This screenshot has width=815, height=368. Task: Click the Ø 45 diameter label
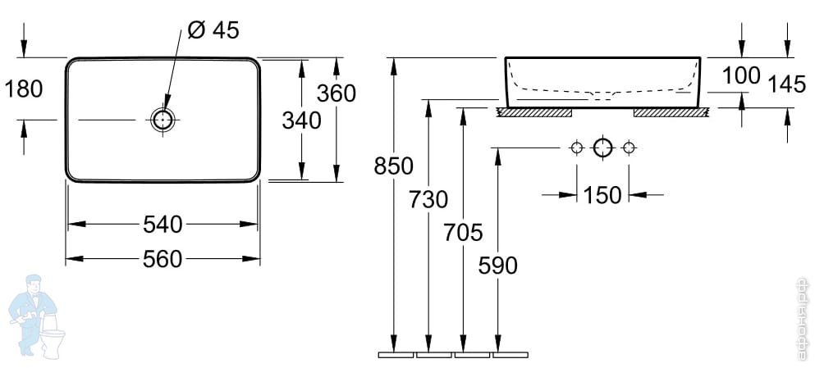click(x=213, y=30)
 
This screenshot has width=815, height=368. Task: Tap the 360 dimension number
click(x=337, y=93)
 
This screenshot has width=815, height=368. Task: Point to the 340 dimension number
click(x=301, y=120)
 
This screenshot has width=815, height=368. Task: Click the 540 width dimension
click(x=163, y=224)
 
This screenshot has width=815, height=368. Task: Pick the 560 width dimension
click(x=163, y=259)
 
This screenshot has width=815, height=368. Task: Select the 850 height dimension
click(x=393, y=166)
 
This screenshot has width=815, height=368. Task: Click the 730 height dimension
click(x=428, y=199)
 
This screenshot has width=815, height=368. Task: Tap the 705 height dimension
click(x=463, y=233)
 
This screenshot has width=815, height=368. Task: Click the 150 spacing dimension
click(x=602, y=195)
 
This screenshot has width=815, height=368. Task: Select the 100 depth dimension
click(x=741, y=76)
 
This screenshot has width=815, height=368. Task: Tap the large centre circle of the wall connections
click(x=603, y=148)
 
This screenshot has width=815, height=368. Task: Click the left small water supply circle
click(x=577, y=148)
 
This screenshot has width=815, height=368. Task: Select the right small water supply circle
click(x=630, y=148)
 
